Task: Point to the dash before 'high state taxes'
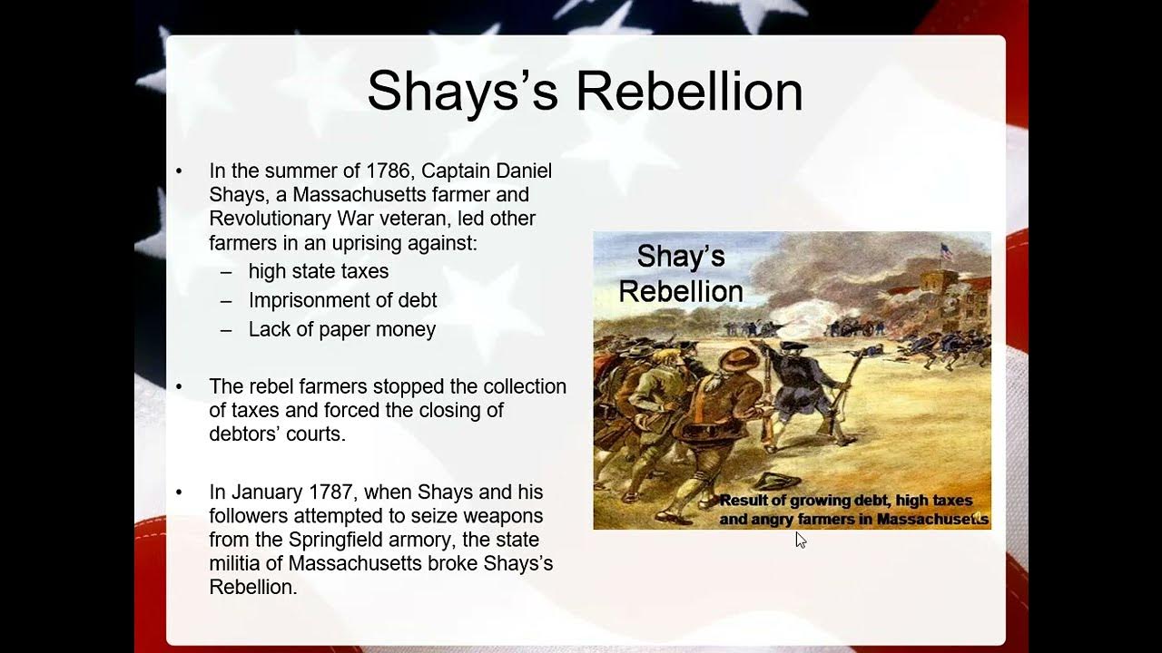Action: (x=226, y=271)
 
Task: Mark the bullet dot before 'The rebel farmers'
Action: (x=179, y=387)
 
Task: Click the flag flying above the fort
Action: (x=947, y=251)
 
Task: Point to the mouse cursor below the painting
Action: (x=800, y=541)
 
